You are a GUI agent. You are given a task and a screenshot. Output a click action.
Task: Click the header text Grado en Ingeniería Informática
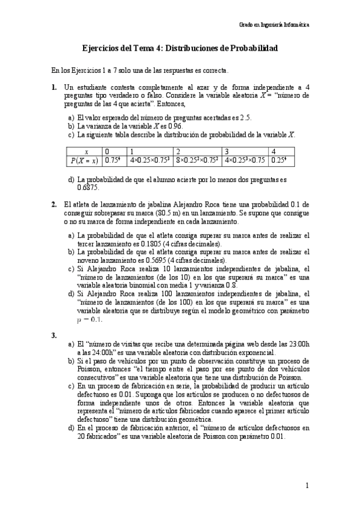274,25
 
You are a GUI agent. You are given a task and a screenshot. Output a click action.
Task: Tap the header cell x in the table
86,151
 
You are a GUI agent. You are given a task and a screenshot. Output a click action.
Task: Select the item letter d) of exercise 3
72,428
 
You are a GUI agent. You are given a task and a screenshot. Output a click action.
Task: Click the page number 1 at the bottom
307,485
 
